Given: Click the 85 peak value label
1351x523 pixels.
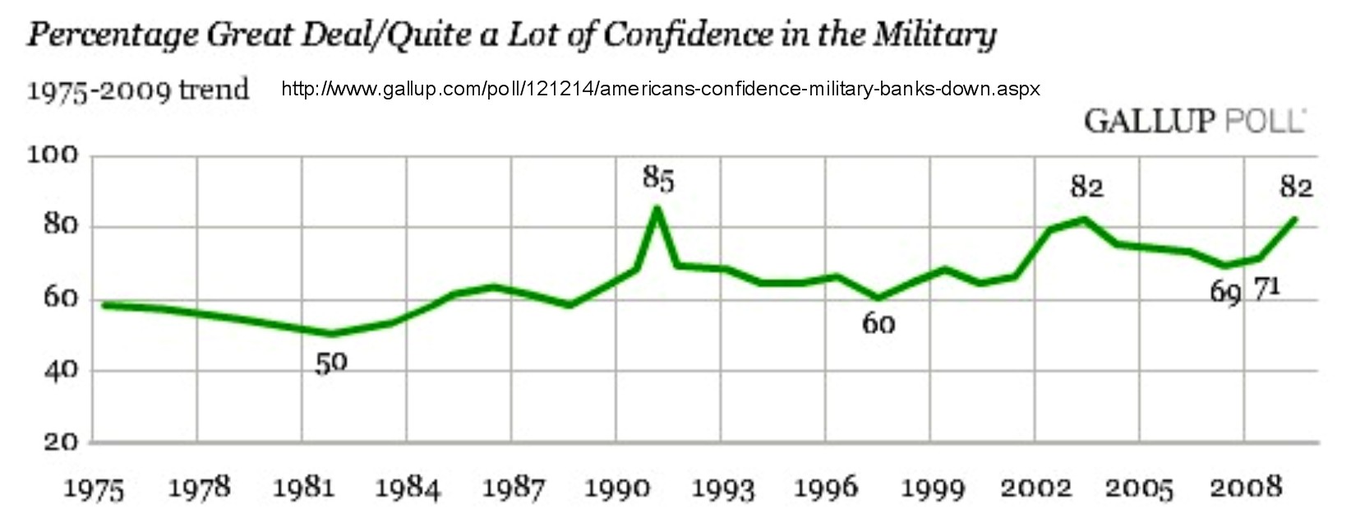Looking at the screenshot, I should pos(659,178).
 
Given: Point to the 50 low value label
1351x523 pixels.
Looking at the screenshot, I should pos(331,363).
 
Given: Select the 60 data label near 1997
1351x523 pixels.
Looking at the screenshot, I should pos(878,324).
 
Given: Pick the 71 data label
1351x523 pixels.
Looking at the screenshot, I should pos(1266,288).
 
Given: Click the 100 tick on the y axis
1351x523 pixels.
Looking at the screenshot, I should pos(53,155).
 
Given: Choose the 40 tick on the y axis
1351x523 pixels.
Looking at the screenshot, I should pos(59,370).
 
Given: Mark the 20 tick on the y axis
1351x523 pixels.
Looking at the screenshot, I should pos(60,442).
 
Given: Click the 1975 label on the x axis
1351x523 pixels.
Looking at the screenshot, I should pos(94,489).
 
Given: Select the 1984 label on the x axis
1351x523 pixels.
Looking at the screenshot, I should pos(408,489).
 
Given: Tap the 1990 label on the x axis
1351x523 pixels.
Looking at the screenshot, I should pos(616,489).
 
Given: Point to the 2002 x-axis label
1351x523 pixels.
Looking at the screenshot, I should pos(1035,488).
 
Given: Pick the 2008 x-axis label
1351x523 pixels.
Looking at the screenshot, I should pos(1246,488).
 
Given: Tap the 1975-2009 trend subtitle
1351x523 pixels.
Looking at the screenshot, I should pos(137,89).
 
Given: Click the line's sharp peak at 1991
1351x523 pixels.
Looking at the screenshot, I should pos(657,207).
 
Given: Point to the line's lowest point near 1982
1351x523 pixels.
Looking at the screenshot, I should pos(331,334).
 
